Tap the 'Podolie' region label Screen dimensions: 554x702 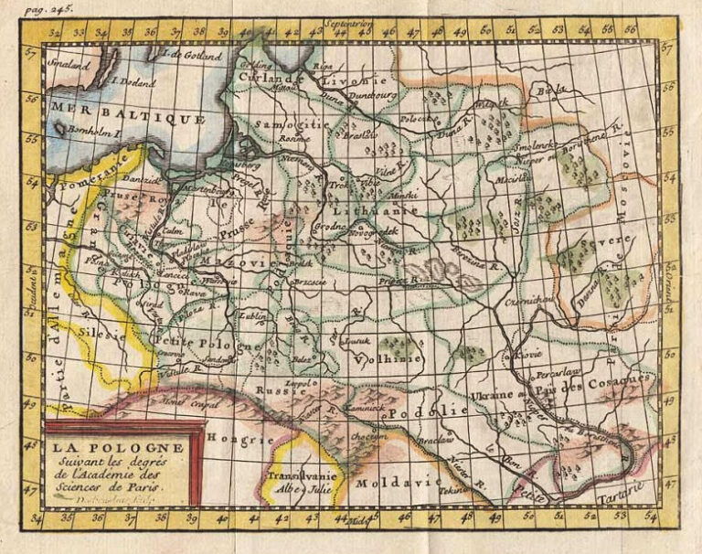coord(419,413)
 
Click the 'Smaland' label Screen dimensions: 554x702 coord(69,65)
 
